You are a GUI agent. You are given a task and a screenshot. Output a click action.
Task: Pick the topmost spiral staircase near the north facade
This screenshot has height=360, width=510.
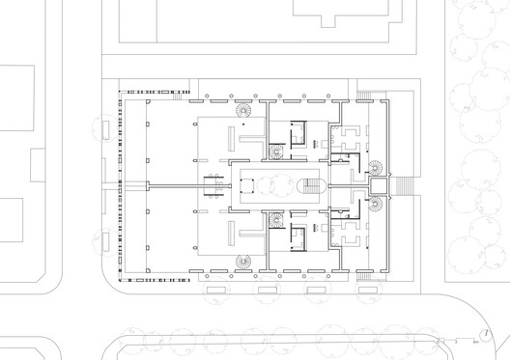click(x=242, y=112)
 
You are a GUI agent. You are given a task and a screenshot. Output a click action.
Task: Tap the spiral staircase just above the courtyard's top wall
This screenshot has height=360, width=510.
click(x=277, y=152)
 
